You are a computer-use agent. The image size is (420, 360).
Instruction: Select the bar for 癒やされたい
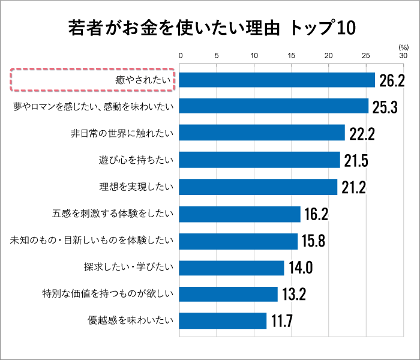click(277, 80)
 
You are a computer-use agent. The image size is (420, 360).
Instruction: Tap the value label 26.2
click(391, 80)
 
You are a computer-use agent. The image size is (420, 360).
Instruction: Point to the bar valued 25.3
click(274, 106)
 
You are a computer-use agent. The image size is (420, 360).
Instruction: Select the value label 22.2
click(362, 134)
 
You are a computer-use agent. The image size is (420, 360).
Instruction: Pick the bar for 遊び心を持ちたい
click(260, 160)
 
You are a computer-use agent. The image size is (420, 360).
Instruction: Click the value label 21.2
click(354, 187)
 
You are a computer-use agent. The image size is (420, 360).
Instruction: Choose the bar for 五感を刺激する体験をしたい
click(240, 214)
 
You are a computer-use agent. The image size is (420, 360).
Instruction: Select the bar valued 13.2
click(229, 294)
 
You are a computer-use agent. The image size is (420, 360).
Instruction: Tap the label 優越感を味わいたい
click(130, 320)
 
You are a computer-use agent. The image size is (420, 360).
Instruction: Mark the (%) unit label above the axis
click(403, 46)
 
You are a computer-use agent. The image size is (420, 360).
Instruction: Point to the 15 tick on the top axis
click(291, 56)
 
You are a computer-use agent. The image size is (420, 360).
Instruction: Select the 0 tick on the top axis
click(180, 56)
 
